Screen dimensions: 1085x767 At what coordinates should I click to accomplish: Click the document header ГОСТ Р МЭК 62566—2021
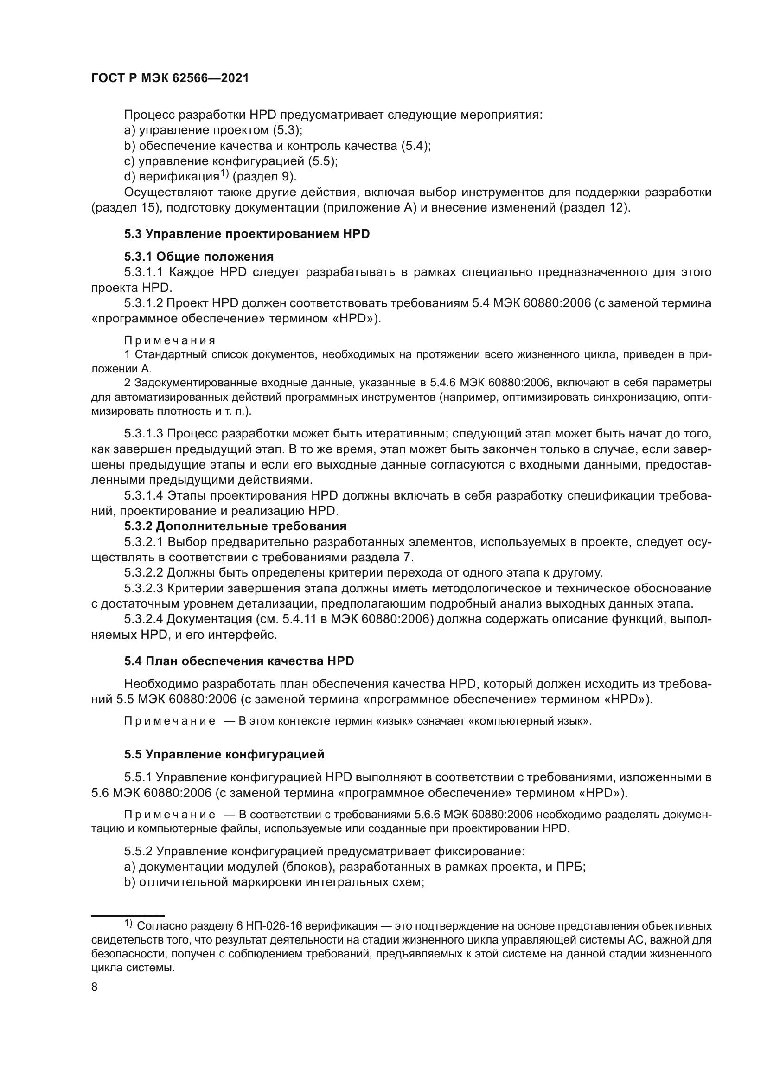pyautogui.click(x=170, y=78)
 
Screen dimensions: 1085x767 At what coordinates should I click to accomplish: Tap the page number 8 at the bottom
pyautogui.click(x=95, y=987)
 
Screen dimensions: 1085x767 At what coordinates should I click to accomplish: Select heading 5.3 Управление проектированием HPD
pyautogui.click(x=247, y=234)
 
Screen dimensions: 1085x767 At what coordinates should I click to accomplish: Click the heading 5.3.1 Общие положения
pyautogui.click(x=199, y=257)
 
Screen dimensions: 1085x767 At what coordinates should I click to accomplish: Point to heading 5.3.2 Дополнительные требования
pyautogui.click(x=235, y=526)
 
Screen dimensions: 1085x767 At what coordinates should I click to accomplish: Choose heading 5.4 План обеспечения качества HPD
pyautogui.click(x=239, y=661)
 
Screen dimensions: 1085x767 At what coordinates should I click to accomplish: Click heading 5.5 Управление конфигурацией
pyautogui.click(x=224, y=755)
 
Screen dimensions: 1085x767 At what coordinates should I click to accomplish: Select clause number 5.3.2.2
pyautogui.click(x=144, y=573)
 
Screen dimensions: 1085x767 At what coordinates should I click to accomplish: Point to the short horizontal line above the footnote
pyautogui.click(x=128, y=915)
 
